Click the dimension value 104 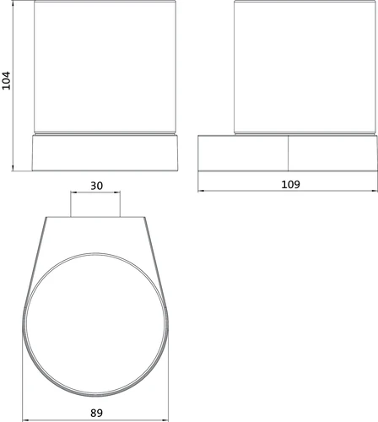pos(6,81)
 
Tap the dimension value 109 pos(290,185)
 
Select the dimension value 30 pos(96,186)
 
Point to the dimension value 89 pos(96,413)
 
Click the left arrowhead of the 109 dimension pos(200,191)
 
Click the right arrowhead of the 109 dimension pos(375,191)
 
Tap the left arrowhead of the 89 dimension pos(25,420)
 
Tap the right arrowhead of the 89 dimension pos(166,420)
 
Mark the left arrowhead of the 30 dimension pos(73,192)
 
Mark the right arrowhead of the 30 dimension pos(117,192)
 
